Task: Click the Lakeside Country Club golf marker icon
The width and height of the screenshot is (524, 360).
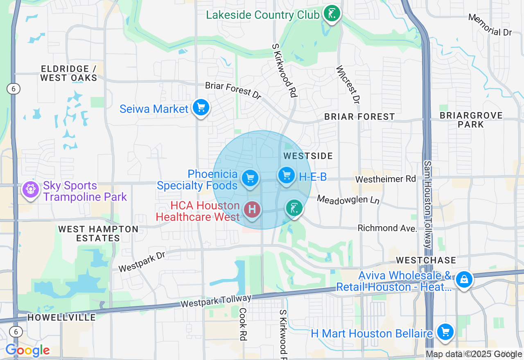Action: click(331, 13)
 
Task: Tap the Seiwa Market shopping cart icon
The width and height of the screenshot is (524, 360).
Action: click(201, 108)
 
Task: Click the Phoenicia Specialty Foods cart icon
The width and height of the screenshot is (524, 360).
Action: click(250, 178)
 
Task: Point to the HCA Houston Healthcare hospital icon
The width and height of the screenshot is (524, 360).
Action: click(252, 209)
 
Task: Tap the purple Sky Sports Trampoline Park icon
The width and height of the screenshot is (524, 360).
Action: click(31, 190)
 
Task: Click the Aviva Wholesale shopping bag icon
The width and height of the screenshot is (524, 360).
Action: click(464, 279)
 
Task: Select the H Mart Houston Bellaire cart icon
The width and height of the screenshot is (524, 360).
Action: click(445, 332)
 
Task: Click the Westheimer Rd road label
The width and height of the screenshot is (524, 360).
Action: click(385, 179)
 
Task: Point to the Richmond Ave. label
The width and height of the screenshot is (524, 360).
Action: click(387, 228)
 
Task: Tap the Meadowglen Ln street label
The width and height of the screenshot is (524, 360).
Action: click(348, 200)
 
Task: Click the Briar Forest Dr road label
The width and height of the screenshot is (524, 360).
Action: click(233, 90)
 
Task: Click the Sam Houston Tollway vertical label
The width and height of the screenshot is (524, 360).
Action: click(427, 205)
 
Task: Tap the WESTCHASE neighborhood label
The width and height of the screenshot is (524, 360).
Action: click(426, 260)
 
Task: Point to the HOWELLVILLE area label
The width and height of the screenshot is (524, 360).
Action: click(61, 317)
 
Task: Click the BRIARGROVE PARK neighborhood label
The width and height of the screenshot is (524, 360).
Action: click(471, 120)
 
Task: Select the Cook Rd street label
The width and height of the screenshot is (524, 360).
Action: click(243, 324)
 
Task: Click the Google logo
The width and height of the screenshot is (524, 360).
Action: click(27, 351)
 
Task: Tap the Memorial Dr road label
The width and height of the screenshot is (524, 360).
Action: click(490, 25)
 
